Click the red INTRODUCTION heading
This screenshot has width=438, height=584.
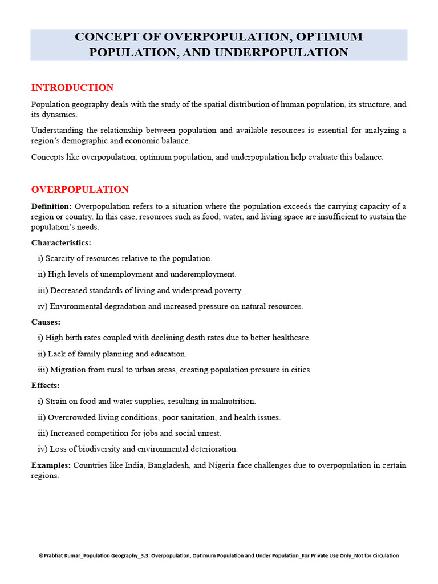pyautogui.click(x=72, y=87)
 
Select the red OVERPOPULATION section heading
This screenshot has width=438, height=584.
pyautogui.click(x=80, y=189)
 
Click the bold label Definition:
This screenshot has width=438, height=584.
pyautogui.click(x=51, y=206)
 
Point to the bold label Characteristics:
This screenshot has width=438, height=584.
pyautogui.click(x=61, y=242)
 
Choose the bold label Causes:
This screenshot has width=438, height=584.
pyautogui.click(x=46, y=322)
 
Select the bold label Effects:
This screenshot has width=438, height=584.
pyautogui.click(x=46, y=386)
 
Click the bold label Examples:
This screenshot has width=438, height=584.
pyautogui.click(x=51, y=465)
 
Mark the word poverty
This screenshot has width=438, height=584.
pyautogui.click(x=228, y=290)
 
